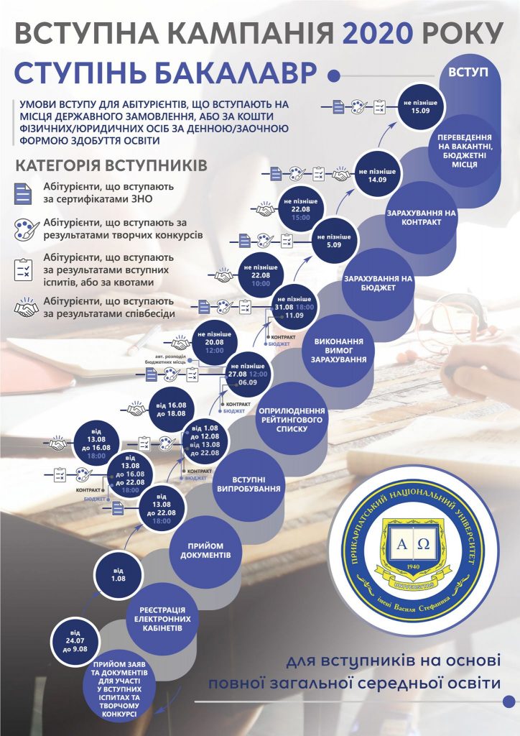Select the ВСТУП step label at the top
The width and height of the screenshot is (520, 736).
point(468,72)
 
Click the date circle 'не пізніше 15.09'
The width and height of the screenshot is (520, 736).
point(420,106)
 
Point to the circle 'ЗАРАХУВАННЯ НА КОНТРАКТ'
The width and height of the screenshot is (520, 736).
point(421,218)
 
